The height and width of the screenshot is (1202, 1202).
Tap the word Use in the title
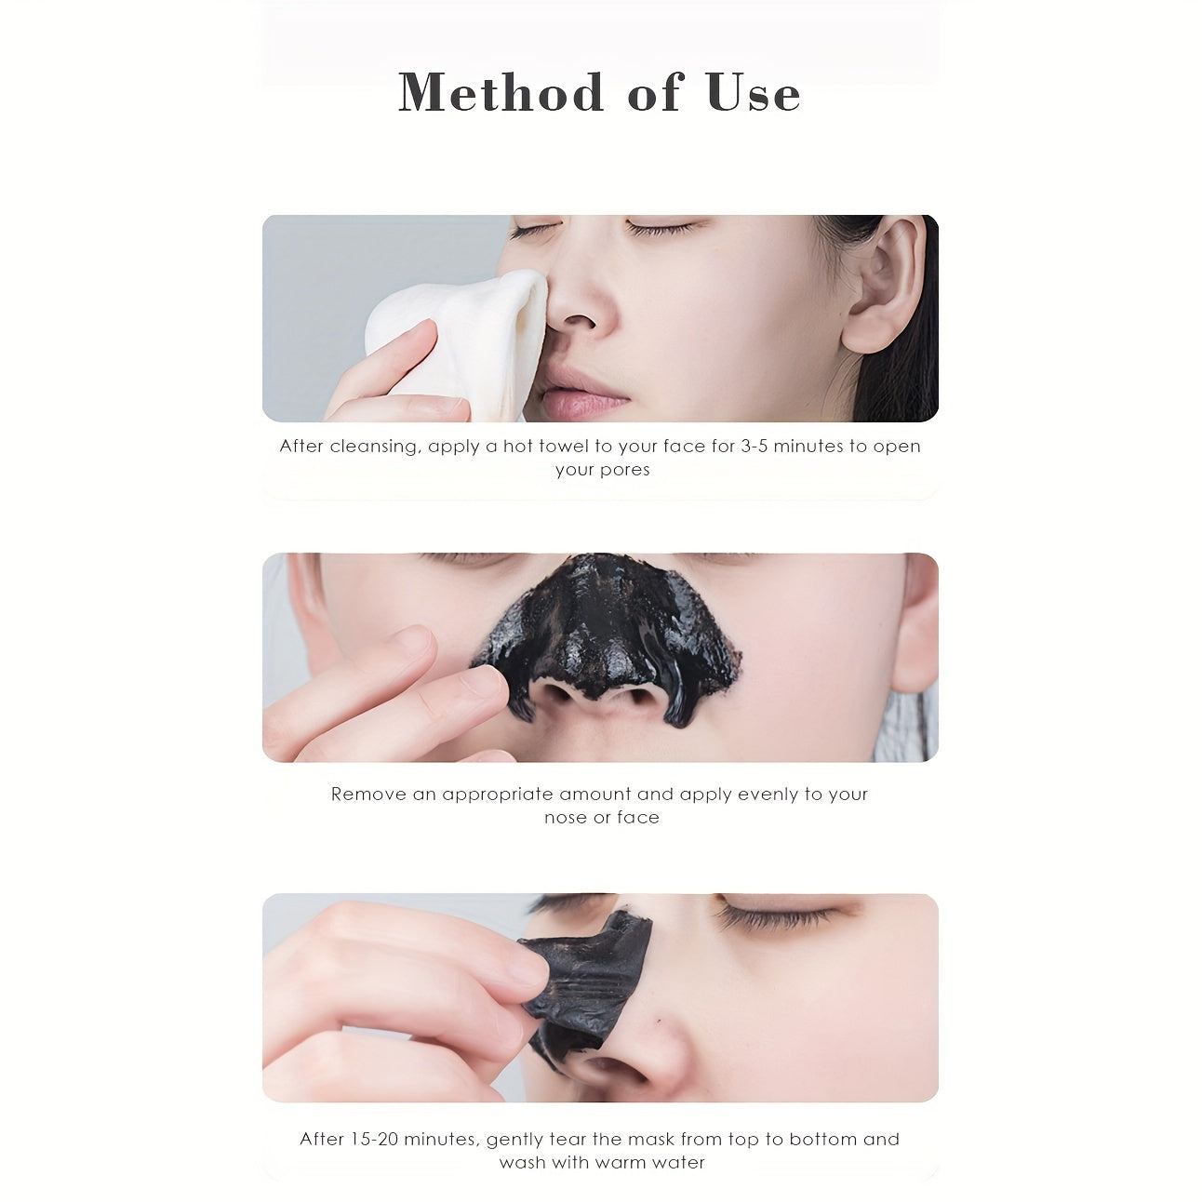point(753,93)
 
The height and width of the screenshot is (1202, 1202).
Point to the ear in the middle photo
point(917,623)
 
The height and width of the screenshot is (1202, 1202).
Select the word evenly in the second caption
point(768,795)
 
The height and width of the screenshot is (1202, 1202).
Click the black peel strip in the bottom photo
point(586,977)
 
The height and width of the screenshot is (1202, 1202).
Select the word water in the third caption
point(677,1163)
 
